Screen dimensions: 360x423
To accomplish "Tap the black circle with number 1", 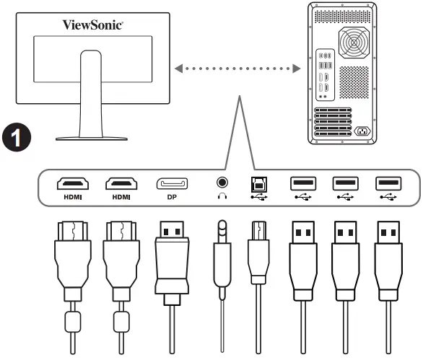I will pyautogui.click(x=16, y=137).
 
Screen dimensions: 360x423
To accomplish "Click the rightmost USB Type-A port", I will pyautogui.click(x=385, y=184).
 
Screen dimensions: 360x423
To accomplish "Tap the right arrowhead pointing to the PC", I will pyautogui.click(x=296, y=70).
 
